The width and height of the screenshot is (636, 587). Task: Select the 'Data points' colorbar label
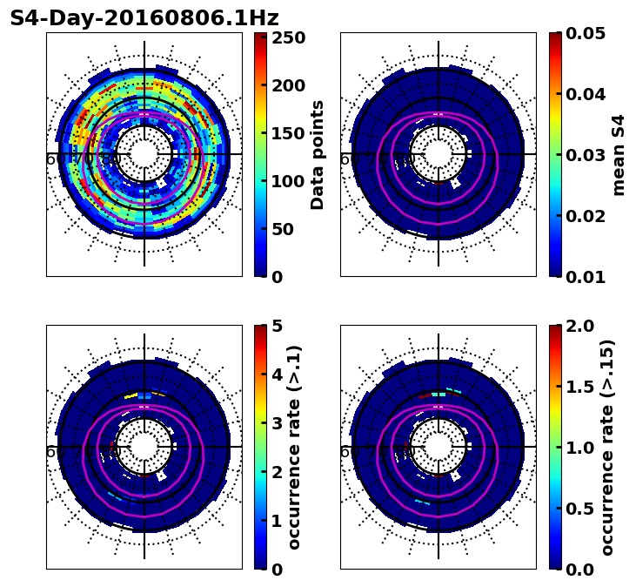point(318,154)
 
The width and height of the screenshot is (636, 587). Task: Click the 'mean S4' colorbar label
point(619,154)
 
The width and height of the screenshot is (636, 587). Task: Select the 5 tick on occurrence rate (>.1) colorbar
point(278,326)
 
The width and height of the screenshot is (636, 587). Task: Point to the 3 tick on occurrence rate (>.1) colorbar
point(278,423)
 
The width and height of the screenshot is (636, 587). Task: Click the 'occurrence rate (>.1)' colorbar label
point(294,447)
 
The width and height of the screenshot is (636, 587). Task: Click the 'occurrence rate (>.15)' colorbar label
point(607,447)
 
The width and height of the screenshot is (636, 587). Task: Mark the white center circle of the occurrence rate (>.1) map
point(144,447)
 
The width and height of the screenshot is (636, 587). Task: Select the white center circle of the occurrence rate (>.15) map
point(439,447)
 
